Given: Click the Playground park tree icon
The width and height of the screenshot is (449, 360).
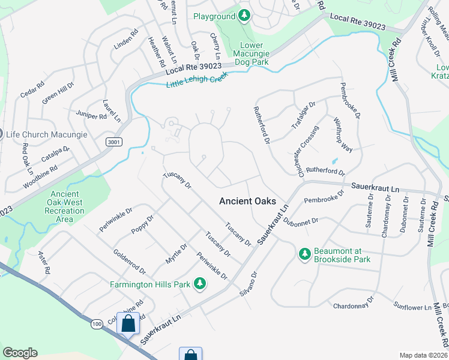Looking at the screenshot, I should point(244,16).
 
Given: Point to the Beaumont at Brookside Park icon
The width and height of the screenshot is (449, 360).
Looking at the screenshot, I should point(305,255).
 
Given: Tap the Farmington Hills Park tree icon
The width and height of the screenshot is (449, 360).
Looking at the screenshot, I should point(199,284).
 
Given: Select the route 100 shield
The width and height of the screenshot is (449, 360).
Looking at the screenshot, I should point(97,324).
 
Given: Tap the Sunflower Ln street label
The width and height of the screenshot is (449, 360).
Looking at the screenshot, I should point(412,308).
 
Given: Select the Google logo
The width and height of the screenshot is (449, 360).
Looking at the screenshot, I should point(20,353).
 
